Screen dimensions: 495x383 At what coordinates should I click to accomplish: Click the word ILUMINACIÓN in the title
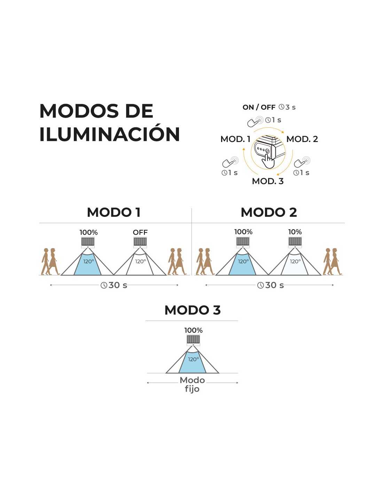109,134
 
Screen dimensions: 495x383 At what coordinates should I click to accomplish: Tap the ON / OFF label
259,107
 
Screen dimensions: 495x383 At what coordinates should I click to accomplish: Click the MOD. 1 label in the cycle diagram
235,139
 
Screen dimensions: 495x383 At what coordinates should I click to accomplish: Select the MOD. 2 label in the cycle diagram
302,139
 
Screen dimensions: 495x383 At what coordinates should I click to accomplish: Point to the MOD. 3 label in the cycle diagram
267,181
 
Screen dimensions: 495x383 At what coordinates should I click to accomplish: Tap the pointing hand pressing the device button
268,162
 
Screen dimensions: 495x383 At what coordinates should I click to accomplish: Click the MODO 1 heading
114,212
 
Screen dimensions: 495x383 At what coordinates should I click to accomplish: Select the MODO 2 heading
268,212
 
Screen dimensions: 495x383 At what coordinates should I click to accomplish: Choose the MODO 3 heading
192,310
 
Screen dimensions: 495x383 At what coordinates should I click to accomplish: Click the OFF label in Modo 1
140,232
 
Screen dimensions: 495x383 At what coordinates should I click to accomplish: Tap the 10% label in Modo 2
295,232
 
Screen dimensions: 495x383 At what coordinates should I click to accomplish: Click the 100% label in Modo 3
193,330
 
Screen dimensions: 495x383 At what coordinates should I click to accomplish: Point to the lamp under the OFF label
140,242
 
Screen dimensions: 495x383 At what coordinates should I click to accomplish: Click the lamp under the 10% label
295,241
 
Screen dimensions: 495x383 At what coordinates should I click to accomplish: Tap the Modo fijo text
192,384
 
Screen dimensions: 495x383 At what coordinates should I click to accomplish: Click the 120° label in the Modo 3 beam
193,359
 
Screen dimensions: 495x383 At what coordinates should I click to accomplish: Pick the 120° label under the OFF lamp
140,261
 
